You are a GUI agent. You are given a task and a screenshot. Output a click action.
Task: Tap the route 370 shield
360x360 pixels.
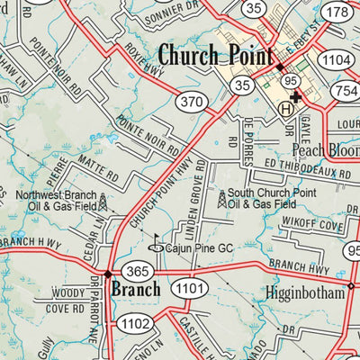pos(190,103)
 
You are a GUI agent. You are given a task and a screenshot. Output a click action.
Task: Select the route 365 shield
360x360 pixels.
pos(138,272)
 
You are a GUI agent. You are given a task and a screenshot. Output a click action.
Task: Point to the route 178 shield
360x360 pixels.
pos(337,12)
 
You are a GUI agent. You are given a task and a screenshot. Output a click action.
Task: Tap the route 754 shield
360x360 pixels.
pos(345,89)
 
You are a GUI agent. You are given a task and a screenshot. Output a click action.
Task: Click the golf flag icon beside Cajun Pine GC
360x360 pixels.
pos(155,241)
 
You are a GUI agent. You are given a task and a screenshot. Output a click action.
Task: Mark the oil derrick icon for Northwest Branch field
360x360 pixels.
pos(103,202)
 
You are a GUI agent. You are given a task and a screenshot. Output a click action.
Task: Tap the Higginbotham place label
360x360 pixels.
pos(306,292)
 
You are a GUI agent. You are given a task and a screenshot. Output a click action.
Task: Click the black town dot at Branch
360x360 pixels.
pos(107,273)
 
